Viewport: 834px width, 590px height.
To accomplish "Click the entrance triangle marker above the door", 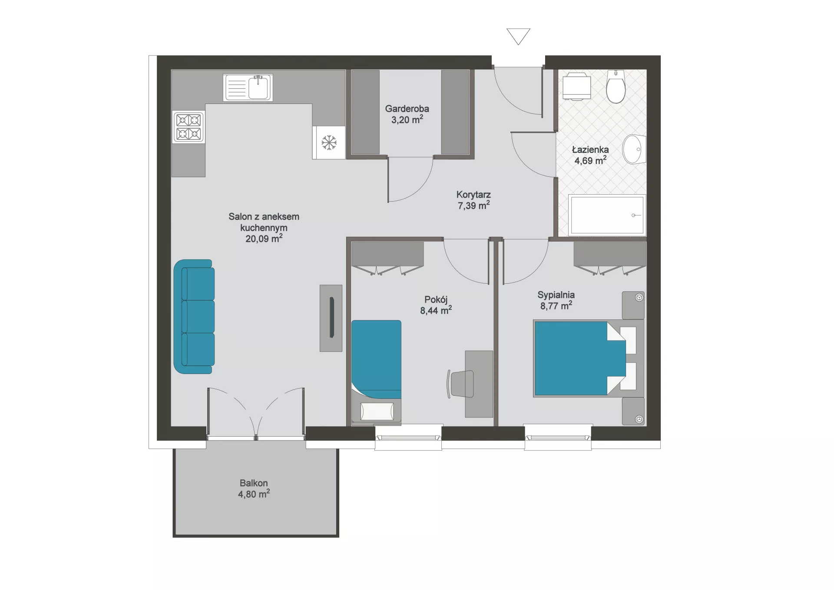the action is [x=518, y=36].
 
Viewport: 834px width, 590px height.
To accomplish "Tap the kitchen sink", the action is [x=248, y=87].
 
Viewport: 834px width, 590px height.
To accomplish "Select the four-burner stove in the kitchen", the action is [x=189, y=127].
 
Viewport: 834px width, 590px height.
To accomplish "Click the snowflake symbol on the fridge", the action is [x=329, y=143].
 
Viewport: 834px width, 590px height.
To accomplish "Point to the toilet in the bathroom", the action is [x=616, y=86].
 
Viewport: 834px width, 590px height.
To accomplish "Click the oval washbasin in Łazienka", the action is [x=633, y=149].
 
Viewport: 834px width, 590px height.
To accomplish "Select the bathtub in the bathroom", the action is [x=607, y=215].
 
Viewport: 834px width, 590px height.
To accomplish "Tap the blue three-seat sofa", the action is [x=194, y=317].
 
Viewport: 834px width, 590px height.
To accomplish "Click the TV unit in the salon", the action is [x=331, y=318].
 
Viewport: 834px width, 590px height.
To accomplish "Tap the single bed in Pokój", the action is [x=376, y=371].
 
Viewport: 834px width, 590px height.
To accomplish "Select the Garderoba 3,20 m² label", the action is [x=407, y=114].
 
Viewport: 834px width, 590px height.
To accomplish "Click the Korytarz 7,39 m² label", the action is [x=473, y=200].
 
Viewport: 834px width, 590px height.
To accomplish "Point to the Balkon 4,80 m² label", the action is [x=254, y=489].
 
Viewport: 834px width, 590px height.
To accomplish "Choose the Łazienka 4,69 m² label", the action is [x=590, y=155].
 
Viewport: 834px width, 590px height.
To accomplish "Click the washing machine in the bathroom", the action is [x=577, y=86].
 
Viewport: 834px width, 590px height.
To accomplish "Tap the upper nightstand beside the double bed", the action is [x=633, y=305].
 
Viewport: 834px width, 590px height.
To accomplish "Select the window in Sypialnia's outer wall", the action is [x=558, y=437].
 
